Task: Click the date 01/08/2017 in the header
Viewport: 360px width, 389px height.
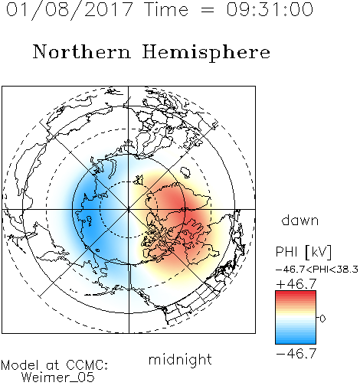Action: pos(69,9)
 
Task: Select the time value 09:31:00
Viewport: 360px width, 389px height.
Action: pos(270,9)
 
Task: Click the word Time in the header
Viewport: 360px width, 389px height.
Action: pos(166,9)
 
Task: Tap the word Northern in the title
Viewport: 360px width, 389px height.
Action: pos(82,51)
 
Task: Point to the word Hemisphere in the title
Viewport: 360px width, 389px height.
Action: pos(206,53)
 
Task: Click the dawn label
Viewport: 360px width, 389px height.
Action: pos(300,220)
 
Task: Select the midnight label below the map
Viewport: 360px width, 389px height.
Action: pos(180,359)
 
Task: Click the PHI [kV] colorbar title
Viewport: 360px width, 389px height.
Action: pos(303,252)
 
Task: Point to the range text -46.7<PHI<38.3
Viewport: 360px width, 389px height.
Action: pos(317,270)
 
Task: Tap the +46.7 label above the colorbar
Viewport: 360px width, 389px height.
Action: pos(296,284)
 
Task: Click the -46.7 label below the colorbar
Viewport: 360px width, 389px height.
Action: pos(296,354)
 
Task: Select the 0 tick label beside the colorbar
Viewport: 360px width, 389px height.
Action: pos(322,319)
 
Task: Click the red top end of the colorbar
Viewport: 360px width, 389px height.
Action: pos(296,293)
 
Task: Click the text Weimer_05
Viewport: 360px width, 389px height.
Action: pos(58,378)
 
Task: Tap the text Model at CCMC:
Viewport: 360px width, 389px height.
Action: pos(54,365)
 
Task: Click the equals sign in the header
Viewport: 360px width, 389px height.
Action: pos(208,10)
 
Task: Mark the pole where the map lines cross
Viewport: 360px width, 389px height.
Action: pos(129,209)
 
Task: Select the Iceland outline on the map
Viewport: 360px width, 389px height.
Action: pos(185,172)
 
